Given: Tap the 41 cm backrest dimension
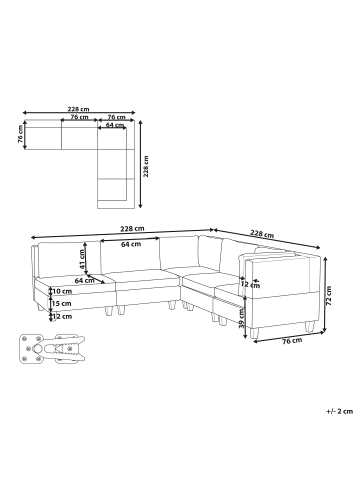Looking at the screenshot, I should point(82,259).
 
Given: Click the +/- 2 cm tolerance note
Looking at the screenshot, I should point(339,411).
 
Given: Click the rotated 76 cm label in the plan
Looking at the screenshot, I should point(20,135).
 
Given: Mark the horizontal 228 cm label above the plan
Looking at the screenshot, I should point(80,109).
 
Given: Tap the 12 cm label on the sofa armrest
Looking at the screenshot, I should point(243,284).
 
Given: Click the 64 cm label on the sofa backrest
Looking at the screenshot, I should point(129,243).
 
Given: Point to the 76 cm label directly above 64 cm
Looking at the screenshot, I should point(118,117).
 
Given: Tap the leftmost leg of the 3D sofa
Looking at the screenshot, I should point(38,309).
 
